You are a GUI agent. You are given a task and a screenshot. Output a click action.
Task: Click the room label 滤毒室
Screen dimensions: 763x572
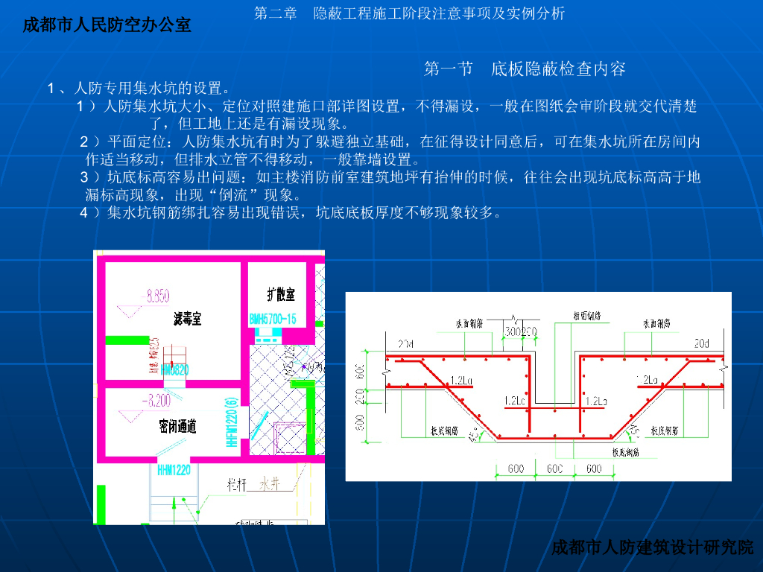[x=187, y=320]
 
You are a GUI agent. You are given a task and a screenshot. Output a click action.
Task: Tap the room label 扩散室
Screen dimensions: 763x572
[x=281, y=293]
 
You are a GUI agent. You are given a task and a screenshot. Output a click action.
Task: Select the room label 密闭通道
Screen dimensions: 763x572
[x=178, y=427]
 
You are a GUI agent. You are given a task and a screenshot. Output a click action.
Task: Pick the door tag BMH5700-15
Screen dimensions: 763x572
[x=273, y=320]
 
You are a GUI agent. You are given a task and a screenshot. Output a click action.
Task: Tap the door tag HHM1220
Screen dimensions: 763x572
[x=174, y=470]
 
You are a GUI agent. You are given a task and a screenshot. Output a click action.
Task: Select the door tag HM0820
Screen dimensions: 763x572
[x=174, y=369]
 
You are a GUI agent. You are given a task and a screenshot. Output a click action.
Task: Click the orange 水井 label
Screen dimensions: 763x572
[x=269, y=483]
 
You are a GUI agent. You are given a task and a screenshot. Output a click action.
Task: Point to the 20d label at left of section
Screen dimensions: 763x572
[x=405, y=343]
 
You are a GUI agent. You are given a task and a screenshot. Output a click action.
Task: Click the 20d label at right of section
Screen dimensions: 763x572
[x=702, y=343]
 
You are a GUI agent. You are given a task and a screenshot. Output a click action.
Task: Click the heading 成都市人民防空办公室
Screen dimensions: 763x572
[x=107, y=25]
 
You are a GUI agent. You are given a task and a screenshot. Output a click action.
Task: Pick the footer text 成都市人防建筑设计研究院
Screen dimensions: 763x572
[x=653, y=548]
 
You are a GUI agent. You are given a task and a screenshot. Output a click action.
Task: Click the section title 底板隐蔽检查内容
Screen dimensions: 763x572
[x=558, y=70]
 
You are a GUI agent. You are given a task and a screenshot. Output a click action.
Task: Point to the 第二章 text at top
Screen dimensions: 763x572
[x=275, y=13]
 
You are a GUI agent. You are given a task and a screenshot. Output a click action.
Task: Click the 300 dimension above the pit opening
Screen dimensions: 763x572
[x=515, y=331]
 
